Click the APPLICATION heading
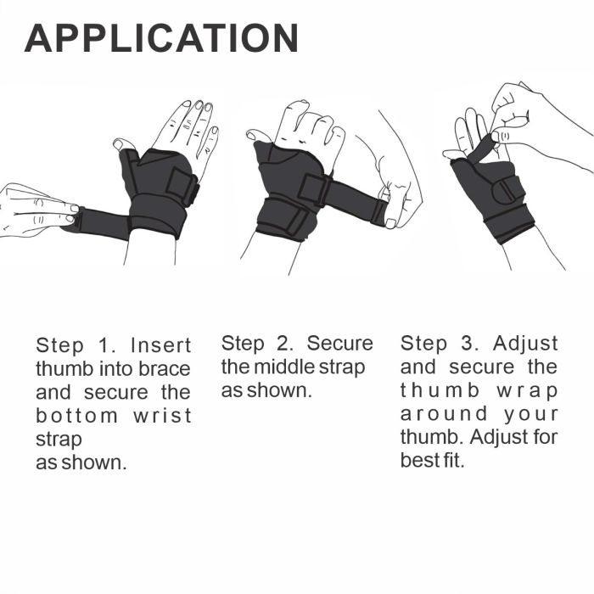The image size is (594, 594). (x=161, y=38)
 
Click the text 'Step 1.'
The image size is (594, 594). (x=76, y=346)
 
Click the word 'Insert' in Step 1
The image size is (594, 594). (x=161, y=346)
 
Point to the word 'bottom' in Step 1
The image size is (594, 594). (x=76, y=417)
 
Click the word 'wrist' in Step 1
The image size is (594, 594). (x=162, y=417)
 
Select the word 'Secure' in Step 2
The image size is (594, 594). (x=339, y=344)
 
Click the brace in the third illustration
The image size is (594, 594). (x=496, y=195)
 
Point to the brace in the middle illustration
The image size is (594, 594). (x=289, y=195)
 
